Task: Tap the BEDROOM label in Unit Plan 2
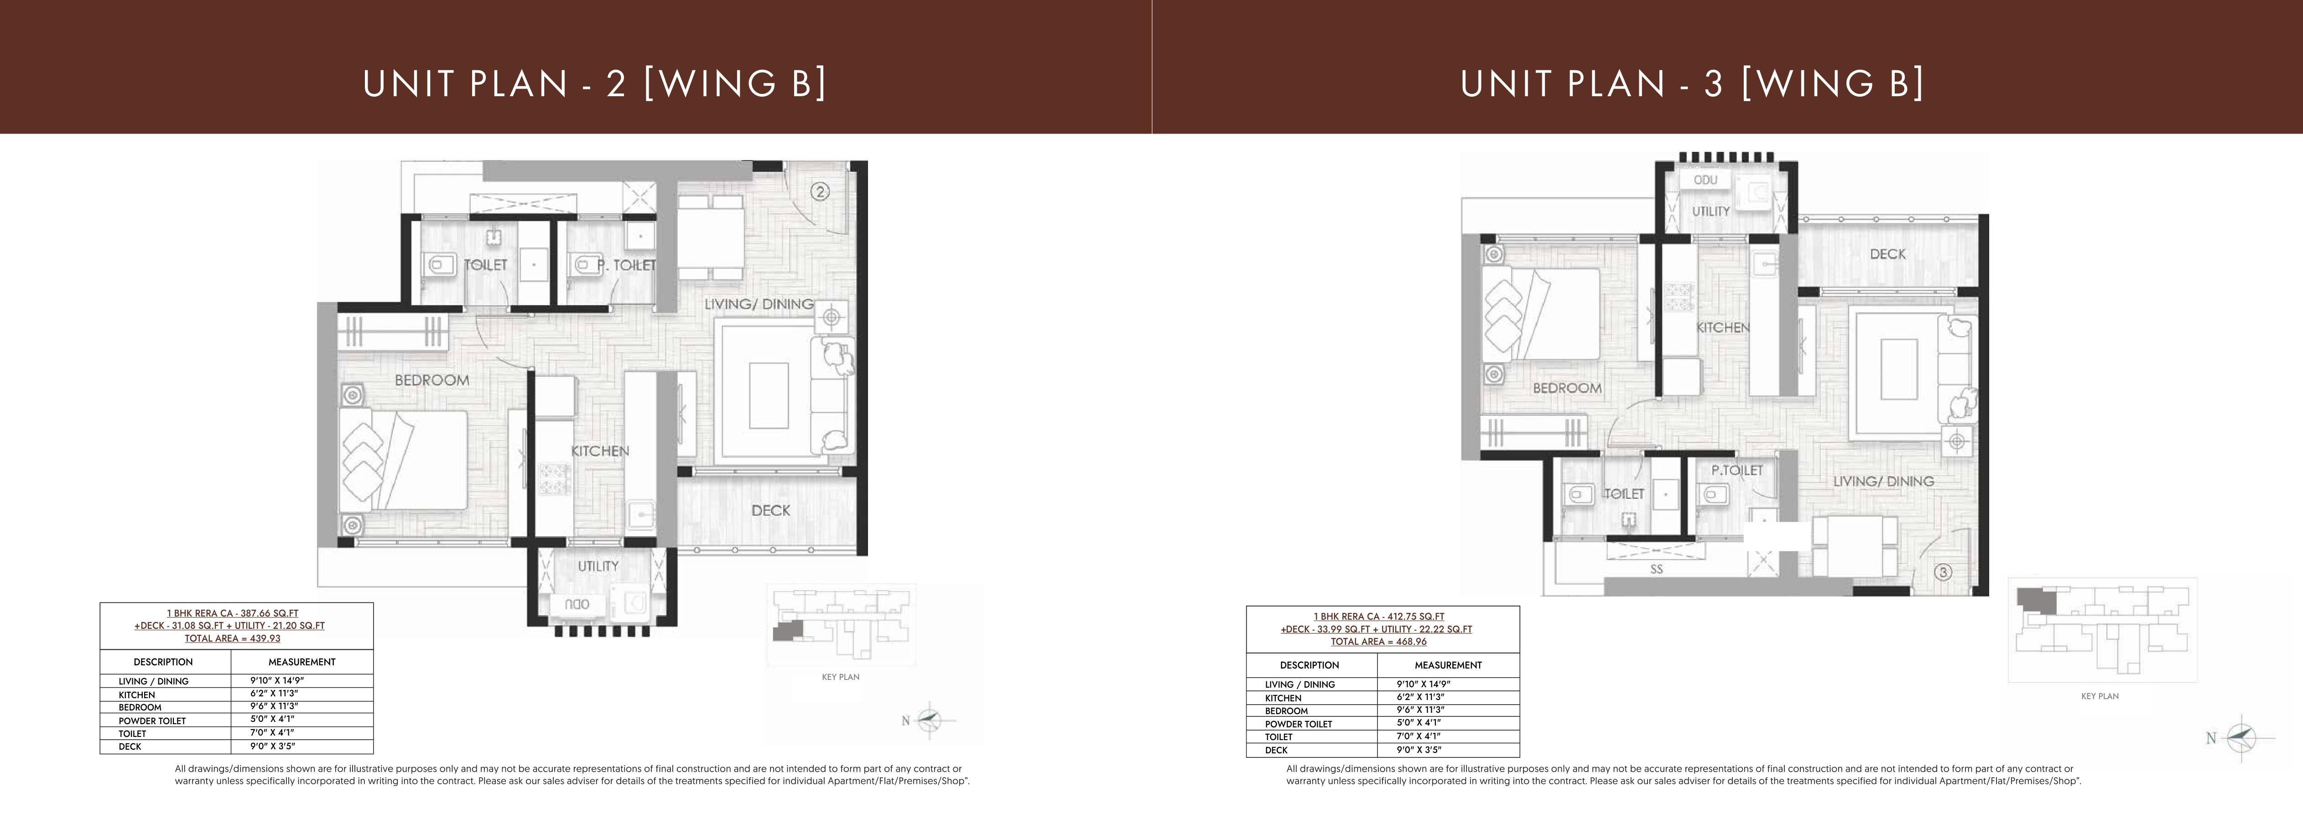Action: point(432,380)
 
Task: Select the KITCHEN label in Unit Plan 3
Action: point(1723,328)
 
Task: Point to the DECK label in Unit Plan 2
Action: point(771,510)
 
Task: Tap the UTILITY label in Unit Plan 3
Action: point(1710,212)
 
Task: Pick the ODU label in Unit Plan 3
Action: point(1705,180)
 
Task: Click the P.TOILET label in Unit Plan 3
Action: point(1737,470)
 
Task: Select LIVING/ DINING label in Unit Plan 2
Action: point(759,304)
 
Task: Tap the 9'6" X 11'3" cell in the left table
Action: point(273,706)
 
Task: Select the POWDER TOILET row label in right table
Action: point(1298,724)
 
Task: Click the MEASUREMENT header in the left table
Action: point(302,662)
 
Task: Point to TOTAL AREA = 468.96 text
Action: point(1378,642)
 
